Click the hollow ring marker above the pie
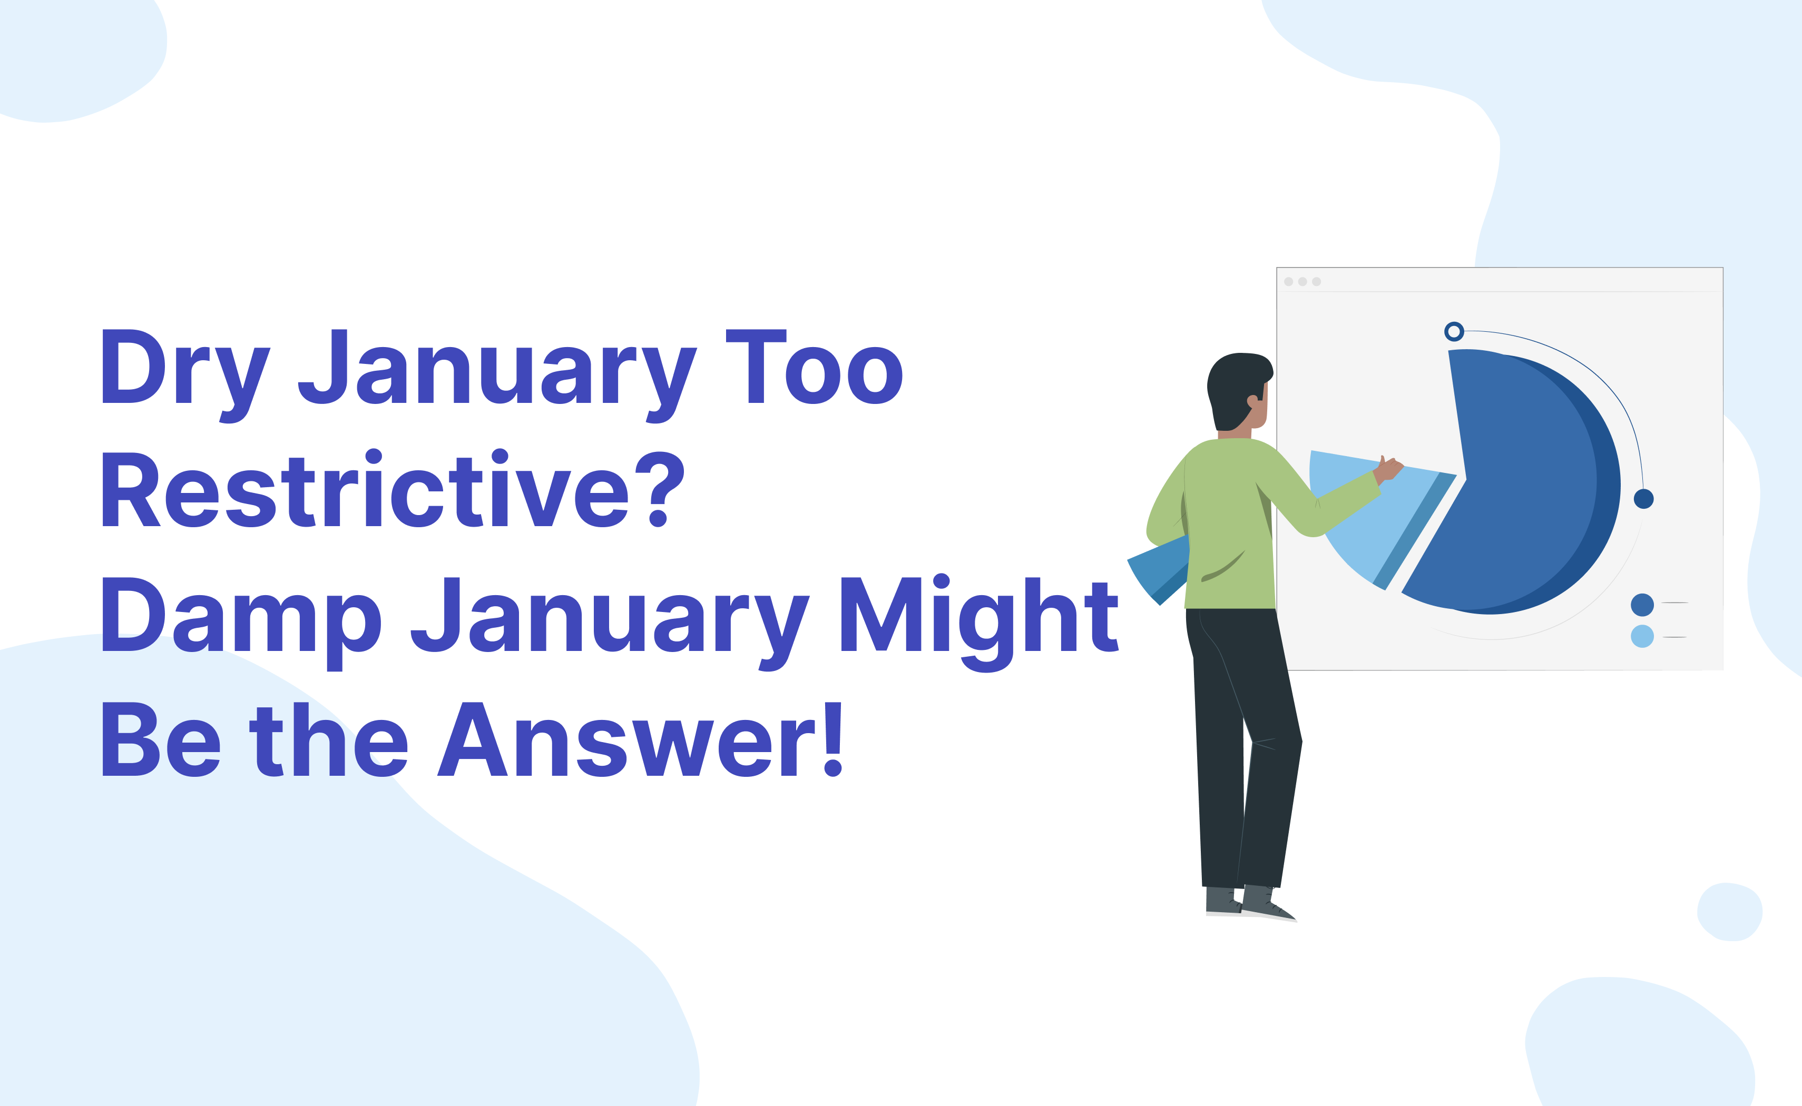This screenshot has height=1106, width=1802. tap(1454, 331)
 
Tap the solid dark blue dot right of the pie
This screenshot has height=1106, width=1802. tap(1643, 499)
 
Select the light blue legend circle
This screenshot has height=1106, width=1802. tap(1642, 636)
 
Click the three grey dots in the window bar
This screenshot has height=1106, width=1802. tap(1302, 282)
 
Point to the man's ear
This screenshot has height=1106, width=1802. tap(1252, 401)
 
